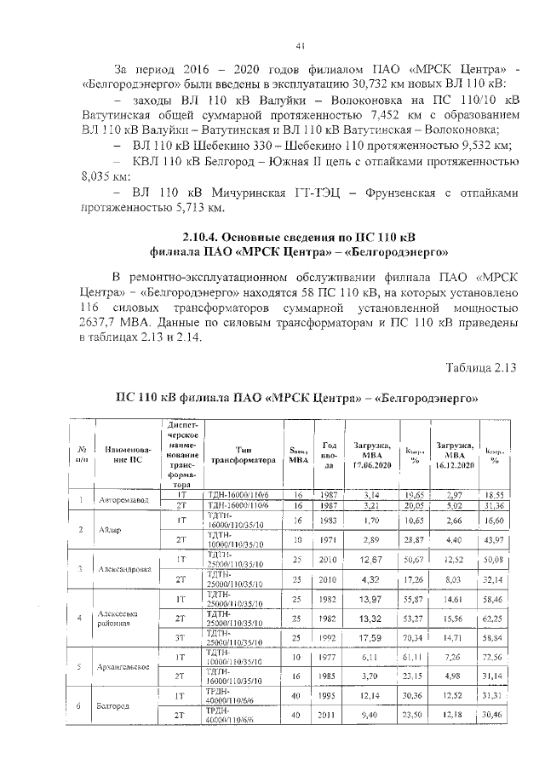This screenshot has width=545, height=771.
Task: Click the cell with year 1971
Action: click(x=330, y=540)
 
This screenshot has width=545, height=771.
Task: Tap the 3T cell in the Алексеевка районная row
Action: click(x=181, y=637)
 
